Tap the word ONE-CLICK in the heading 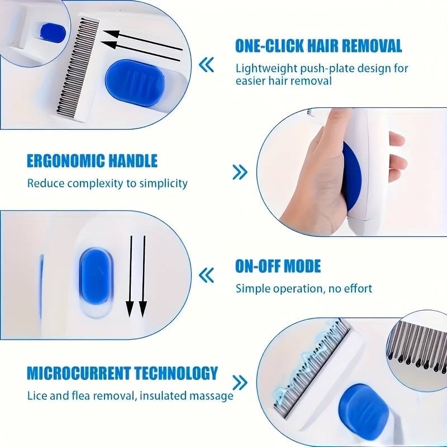coord(269,46)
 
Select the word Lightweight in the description coord(267,69)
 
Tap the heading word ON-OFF coord(258,267)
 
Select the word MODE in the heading coord(302,267)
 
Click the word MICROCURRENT coord(79,373)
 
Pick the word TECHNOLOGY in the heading coord(176,373)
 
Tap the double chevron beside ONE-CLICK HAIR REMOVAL coord(206,65)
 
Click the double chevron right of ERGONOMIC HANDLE coord(240,172)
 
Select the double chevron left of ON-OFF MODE coord(206,275)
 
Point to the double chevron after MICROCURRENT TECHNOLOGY coord(240,383)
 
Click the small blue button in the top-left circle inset coord(53,33)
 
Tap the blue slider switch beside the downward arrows coord(96,276)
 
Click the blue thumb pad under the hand coord(353,174)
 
